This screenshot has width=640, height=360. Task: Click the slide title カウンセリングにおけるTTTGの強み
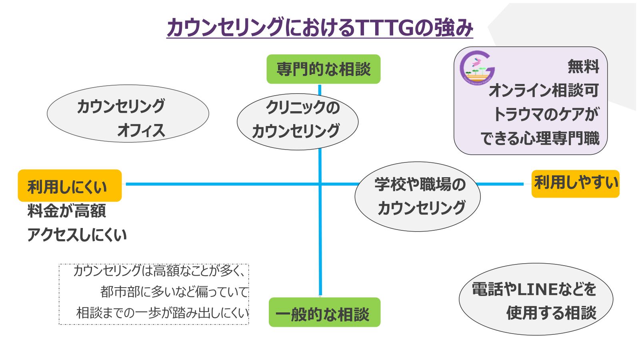click(320, 28)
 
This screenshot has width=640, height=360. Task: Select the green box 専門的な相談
click(323, 69)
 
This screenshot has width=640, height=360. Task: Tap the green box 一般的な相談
click(324, 312)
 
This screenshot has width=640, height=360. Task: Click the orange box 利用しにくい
click(70, 186)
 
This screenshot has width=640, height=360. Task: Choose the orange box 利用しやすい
click(575, 184)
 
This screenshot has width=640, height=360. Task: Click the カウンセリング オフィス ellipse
click(128, 114)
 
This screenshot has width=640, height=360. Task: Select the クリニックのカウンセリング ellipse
click(297, 122)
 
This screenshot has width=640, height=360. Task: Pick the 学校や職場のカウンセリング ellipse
click(418, 196)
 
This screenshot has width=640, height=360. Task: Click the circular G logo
click(477, 68)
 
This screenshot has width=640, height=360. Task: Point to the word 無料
click(583, 66)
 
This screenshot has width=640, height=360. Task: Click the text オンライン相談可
click(544, 90)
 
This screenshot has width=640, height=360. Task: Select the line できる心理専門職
click(540, 138)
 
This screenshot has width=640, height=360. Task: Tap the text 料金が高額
click(66, 211)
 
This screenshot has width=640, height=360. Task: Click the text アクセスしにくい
click(77, 235)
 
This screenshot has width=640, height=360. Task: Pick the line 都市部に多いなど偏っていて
click(174, 292)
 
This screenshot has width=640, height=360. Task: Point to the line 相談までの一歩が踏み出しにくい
click(162, 313)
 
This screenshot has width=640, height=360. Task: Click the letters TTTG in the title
click(384, 28)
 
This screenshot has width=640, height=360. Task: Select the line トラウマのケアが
click(546, 114)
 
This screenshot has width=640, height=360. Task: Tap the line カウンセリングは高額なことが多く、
click(159, 271)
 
